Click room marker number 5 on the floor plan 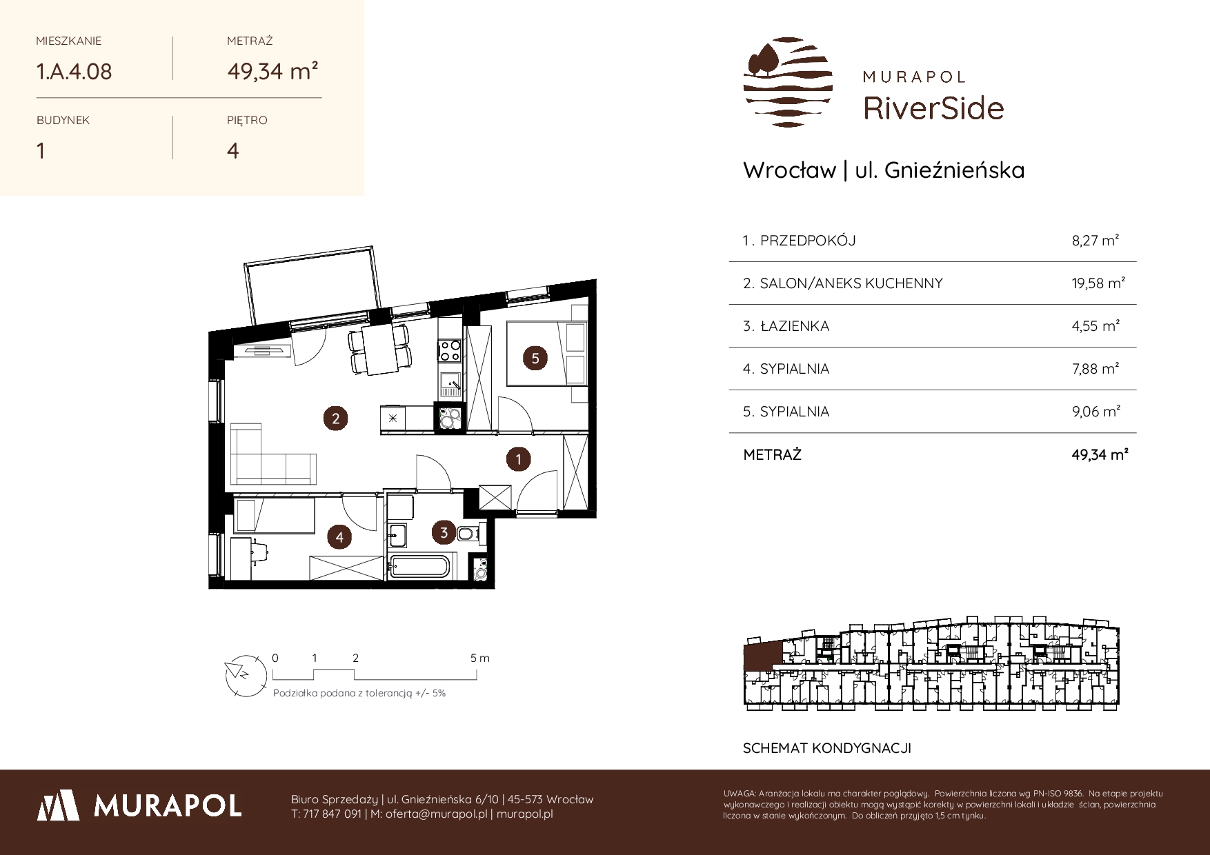535,358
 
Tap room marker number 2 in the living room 336,418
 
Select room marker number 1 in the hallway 518,459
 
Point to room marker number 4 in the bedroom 339,536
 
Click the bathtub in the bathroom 419,567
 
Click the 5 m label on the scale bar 480,658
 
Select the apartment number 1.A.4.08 74,72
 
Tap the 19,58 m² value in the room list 1099,283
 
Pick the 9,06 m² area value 1095,411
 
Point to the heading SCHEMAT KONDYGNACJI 827,748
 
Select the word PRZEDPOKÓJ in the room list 808,241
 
